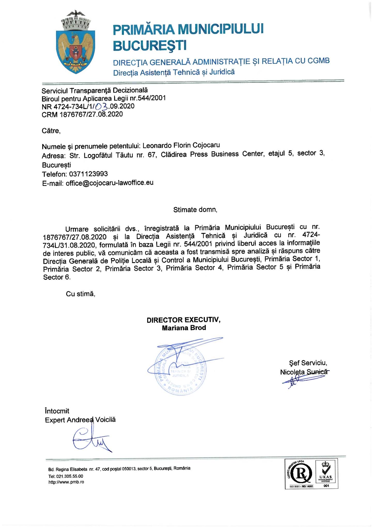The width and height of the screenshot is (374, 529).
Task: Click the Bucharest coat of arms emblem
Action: pyautogui.click(x=75, y=43)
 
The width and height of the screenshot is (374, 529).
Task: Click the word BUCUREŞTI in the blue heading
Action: pyautogui.click(x=150, y=45)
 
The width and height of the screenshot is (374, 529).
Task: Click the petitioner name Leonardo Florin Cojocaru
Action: pyautogui.click(x=181, y=146)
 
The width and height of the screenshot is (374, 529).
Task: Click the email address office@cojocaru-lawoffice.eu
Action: pyautogui.click(x=110, y=183)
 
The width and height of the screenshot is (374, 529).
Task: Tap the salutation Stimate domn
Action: pyautogui.click(x=195, y=209)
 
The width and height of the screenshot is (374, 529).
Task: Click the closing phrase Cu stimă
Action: pyautogui.click(x=81, y=294)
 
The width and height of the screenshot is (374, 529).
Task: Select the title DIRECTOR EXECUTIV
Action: pyautogui.click(x=184, y=320)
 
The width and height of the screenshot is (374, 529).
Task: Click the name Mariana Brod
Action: pyautogui.click(x=184, y=328)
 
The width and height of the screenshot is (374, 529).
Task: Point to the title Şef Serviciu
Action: pyautogui.click(x=308, y=363)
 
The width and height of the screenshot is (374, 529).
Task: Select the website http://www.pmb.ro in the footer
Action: pyautogui.click(x=66, y=482)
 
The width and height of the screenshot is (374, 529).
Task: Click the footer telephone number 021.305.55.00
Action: pyautogui.click(x=66, y=476)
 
